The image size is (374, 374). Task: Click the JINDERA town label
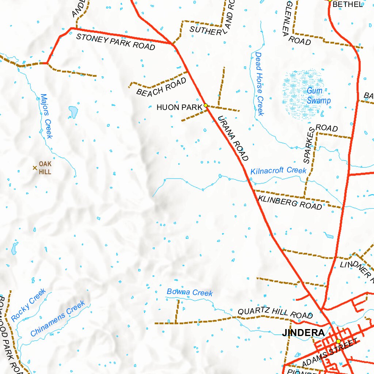303,333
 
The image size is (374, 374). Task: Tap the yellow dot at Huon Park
206,105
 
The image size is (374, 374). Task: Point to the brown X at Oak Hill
35,168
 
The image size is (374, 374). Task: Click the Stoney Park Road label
115,41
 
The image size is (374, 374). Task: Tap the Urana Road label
233,138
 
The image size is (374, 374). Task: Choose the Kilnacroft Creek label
278,171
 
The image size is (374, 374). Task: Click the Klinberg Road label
290,202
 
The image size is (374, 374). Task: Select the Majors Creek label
46,116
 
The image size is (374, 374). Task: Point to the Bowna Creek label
190,292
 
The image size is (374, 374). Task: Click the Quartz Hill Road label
275,313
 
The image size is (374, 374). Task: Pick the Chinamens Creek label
58,318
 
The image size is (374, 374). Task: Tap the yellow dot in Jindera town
338,341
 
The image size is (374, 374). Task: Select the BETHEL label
348,4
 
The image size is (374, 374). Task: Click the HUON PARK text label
179,107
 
